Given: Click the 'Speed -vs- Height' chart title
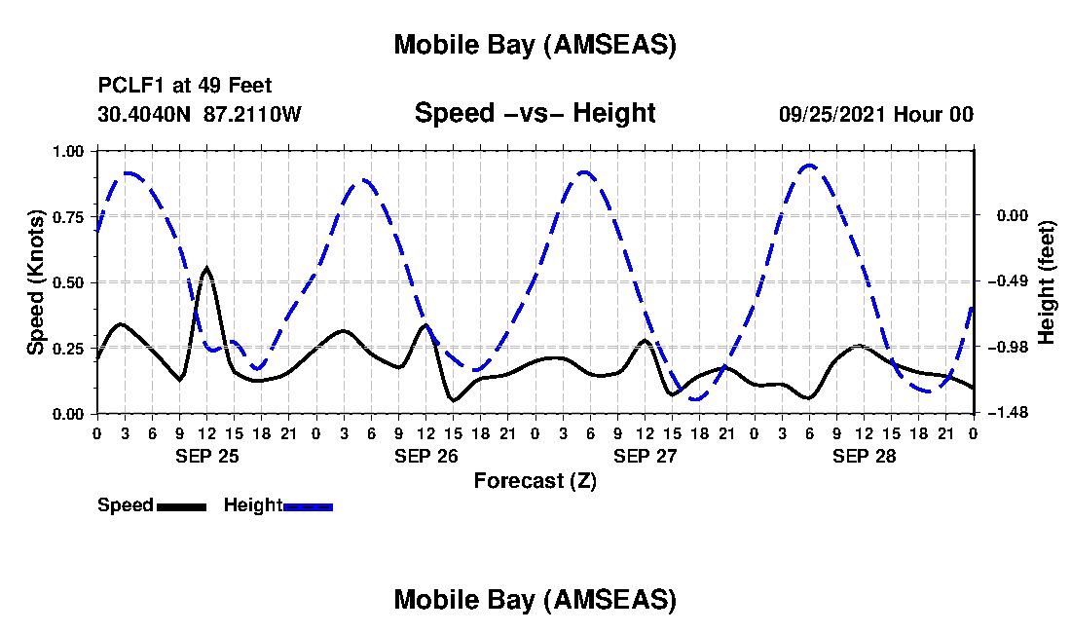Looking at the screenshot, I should click(x=535, y=113).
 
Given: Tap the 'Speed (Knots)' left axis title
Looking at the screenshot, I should click(x=36, y=282).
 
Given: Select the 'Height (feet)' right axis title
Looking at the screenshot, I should click(x=1047, y=282).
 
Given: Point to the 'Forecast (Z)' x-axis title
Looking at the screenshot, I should click(x=535, y=480).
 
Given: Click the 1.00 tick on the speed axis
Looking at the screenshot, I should click(x=69, y=151).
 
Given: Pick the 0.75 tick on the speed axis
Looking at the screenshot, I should click(x=69, y=216).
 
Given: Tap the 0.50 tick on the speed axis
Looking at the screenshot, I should click(x=69, y=282).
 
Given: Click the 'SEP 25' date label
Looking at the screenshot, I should click(x=206, y=456).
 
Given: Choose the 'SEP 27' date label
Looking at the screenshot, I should click(x=645, y=456).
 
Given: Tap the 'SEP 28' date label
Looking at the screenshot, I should click(x=864, y=456).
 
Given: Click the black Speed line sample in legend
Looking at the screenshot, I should click(x=181, y=505).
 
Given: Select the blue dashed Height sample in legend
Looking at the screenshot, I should click(x=308, y=505).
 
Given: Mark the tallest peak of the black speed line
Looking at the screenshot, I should click(x=206, y=267).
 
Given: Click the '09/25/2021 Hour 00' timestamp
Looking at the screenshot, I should click(x=875, y=114).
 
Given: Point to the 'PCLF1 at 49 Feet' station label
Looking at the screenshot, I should click(x=185, y=86).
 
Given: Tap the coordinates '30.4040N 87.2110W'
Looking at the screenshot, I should click(x=200, y=114).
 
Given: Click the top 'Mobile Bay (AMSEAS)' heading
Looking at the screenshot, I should click(x=535, y=45).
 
